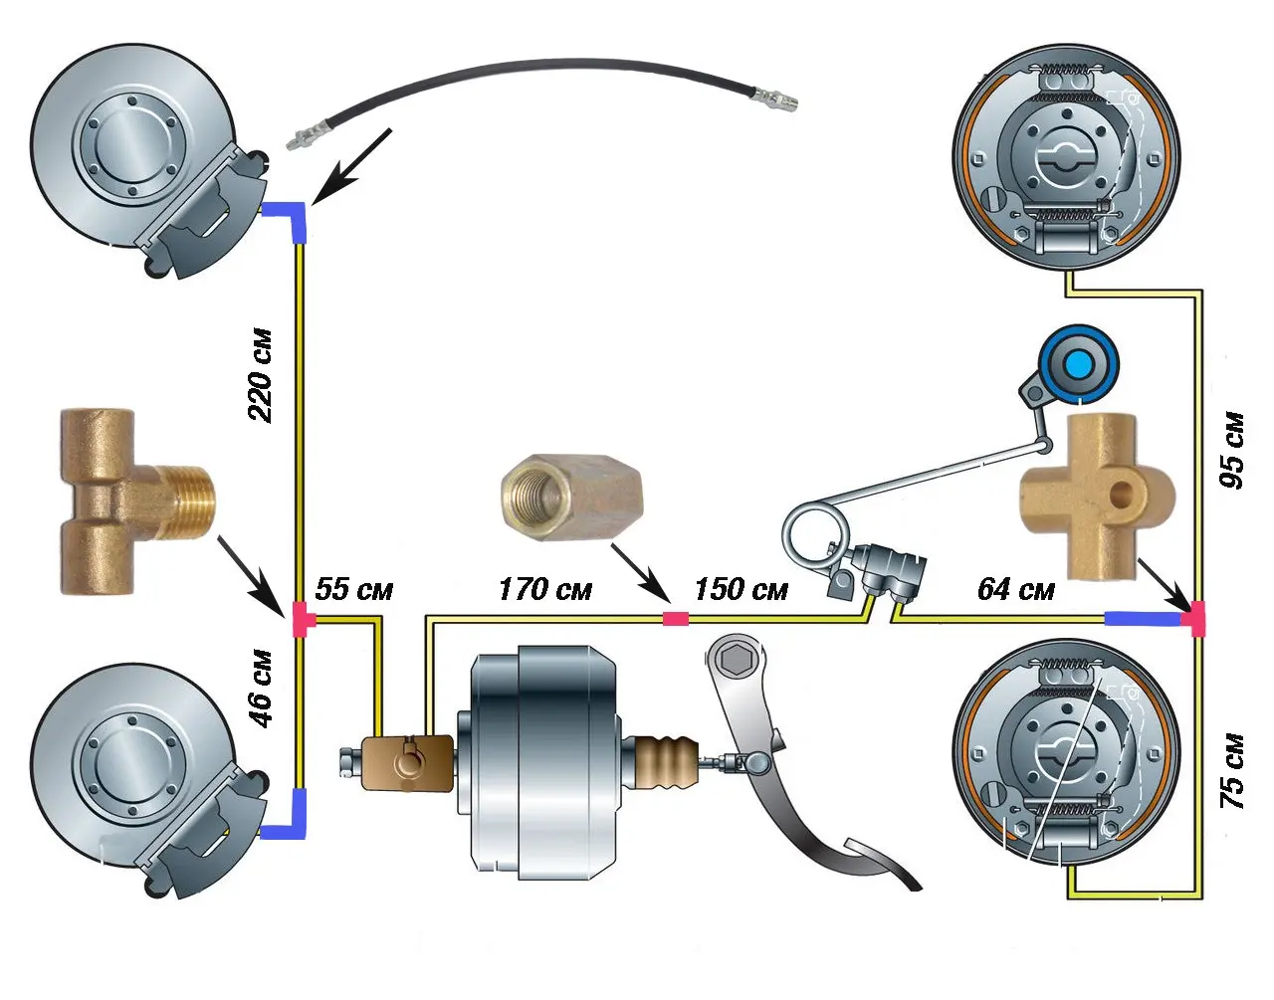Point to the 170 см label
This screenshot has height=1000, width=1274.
pyautogui.click(x=544, y=589)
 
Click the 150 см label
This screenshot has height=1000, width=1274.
pyautogui.click(x=741, y=589)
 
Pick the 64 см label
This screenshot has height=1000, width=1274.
pyautogui.click(x=1015, y=589)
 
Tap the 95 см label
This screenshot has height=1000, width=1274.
pyautogui.click(x=1232, y=449)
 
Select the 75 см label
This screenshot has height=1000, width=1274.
pyautogui.click(x=1232, y=771)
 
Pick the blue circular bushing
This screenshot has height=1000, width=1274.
pyautogui.click(x=1078, y=364)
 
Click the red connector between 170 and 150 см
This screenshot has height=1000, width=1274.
pyautogui.click(x=676, y=619)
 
